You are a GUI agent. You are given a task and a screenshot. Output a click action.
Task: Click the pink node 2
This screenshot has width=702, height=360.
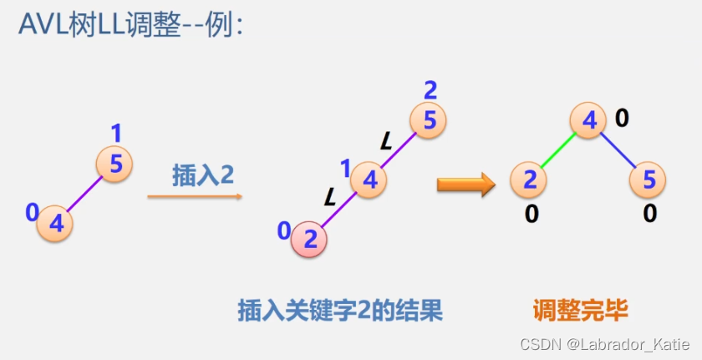pos(308,241)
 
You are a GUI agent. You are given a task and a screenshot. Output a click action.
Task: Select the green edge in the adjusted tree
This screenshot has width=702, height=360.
pos(558,150)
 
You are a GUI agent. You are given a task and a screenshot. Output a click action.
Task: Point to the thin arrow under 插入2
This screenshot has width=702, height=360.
pos(195,197)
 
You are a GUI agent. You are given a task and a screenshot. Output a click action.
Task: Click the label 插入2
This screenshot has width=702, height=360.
pos(203,175)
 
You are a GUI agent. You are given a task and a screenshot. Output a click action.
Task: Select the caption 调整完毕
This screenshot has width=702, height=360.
pos(580,312)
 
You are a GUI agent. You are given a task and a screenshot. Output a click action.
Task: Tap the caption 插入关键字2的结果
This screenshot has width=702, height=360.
pos(340,312)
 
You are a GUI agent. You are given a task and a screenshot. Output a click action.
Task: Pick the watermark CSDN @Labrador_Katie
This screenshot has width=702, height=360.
pos(603,343)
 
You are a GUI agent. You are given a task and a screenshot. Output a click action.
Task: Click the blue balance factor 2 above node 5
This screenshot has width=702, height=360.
pos(430,89)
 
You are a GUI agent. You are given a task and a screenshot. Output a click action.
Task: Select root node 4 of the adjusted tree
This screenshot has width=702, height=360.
pos(588,122)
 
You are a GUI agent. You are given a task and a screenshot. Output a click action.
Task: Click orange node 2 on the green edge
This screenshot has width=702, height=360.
pos(529,180)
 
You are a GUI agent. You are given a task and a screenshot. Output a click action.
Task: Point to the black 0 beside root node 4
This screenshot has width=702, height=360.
pos(622,119)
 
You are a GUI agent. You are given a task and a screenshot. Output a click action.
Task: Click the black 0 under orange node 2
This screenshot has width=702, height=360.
pos(531,214)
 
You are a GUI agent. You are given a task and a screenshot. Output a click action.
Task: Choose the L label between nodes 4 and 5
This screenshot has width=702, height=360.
pos(385,139)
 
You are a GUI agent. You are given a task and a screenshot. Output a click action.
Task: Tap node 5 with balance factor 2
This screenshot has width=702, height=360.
pos(429,121)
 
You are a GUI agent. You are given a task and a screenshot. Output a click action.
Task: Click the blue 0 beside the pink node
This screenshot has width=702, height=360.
pos(284,230)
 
